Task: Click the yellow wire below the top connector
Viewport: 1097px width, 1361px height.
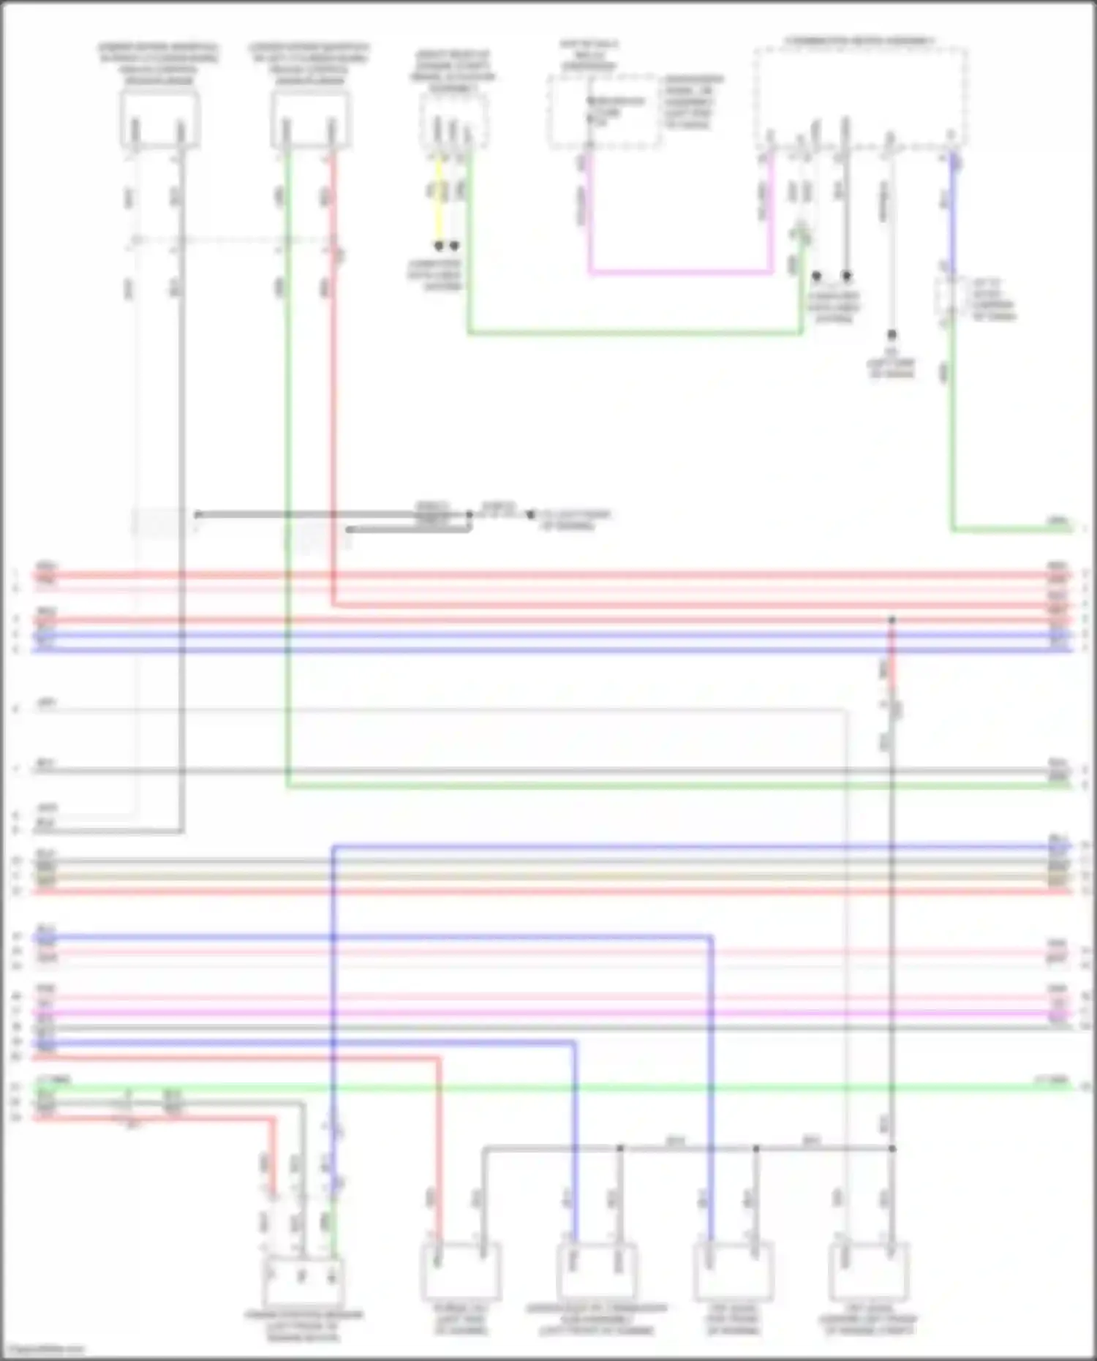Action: click(x=439, y=197)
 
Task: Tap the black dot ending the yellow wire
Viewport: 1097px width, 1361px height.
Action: click(x=439, y=246)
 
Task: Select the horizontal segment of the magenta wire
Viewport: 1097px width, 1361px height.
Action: click(x=680, y=274)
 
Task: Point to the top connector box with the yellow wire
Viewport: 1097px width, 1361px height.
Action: click(x=453, y=121)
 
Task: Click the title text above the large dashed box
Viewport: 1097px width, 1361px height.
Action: click(x=860, y=41)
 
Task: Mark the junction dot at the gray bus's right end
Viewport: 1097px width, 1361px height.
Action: click(x=891, y=1149)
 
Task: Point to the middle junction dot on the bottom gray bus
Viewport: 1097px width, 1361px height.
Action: click(x=756, y=1149)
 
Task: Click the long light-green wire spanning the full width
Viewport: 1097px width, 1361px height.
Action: click(x=556, y=1087)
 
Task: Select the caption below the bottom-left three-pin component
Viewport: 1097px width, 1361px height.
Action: click(x=304, y=1326)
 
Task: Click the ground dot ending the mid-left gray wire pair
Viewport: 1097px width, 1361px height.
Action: click(x=531, y=515)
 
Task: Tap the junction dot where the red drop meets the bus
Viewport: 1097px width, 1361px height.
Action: click(x=891, y=620)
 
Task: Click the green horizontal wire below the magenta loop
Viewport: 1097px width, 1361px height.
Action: click(x=636, y=333)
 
